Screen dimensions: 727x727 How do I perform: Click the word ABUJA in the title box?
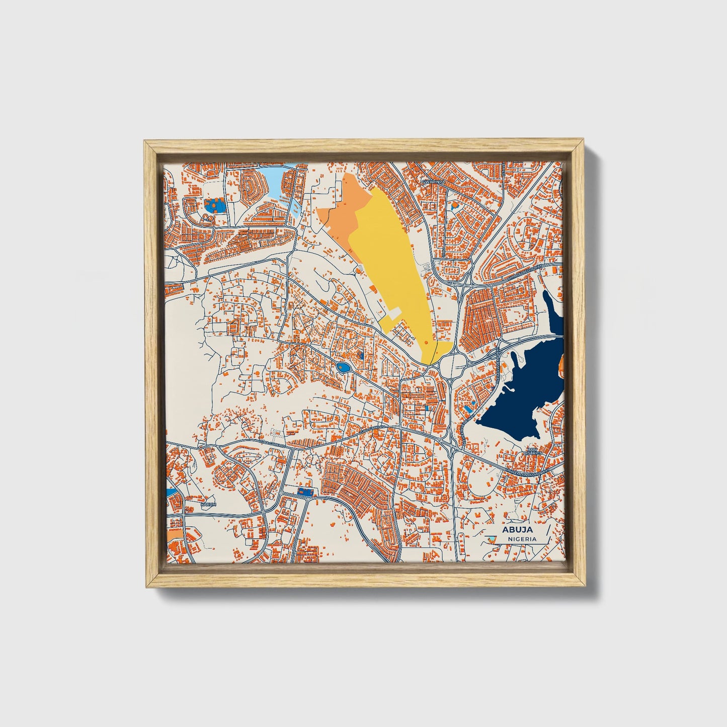(x=517, y=529)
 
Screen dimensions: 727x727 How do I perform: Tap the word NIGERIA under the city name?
(x=522, y=539)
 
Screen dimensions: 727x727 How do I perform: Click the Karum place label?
(x=208, y=504)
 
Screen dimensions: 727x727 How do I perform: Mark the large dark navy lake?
(x=523, y=387)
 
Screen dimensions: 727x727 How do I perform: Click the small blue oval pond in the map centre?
(x=344, y=369)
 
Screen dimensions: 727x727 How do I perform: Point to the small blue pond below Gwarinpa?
(x=455, y=205)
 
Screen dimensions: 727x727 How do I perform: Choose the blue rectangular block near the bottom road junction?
(x=304, y=491)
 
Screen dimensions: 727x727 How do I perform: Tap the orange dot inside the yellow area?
(x=426, y=342)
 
